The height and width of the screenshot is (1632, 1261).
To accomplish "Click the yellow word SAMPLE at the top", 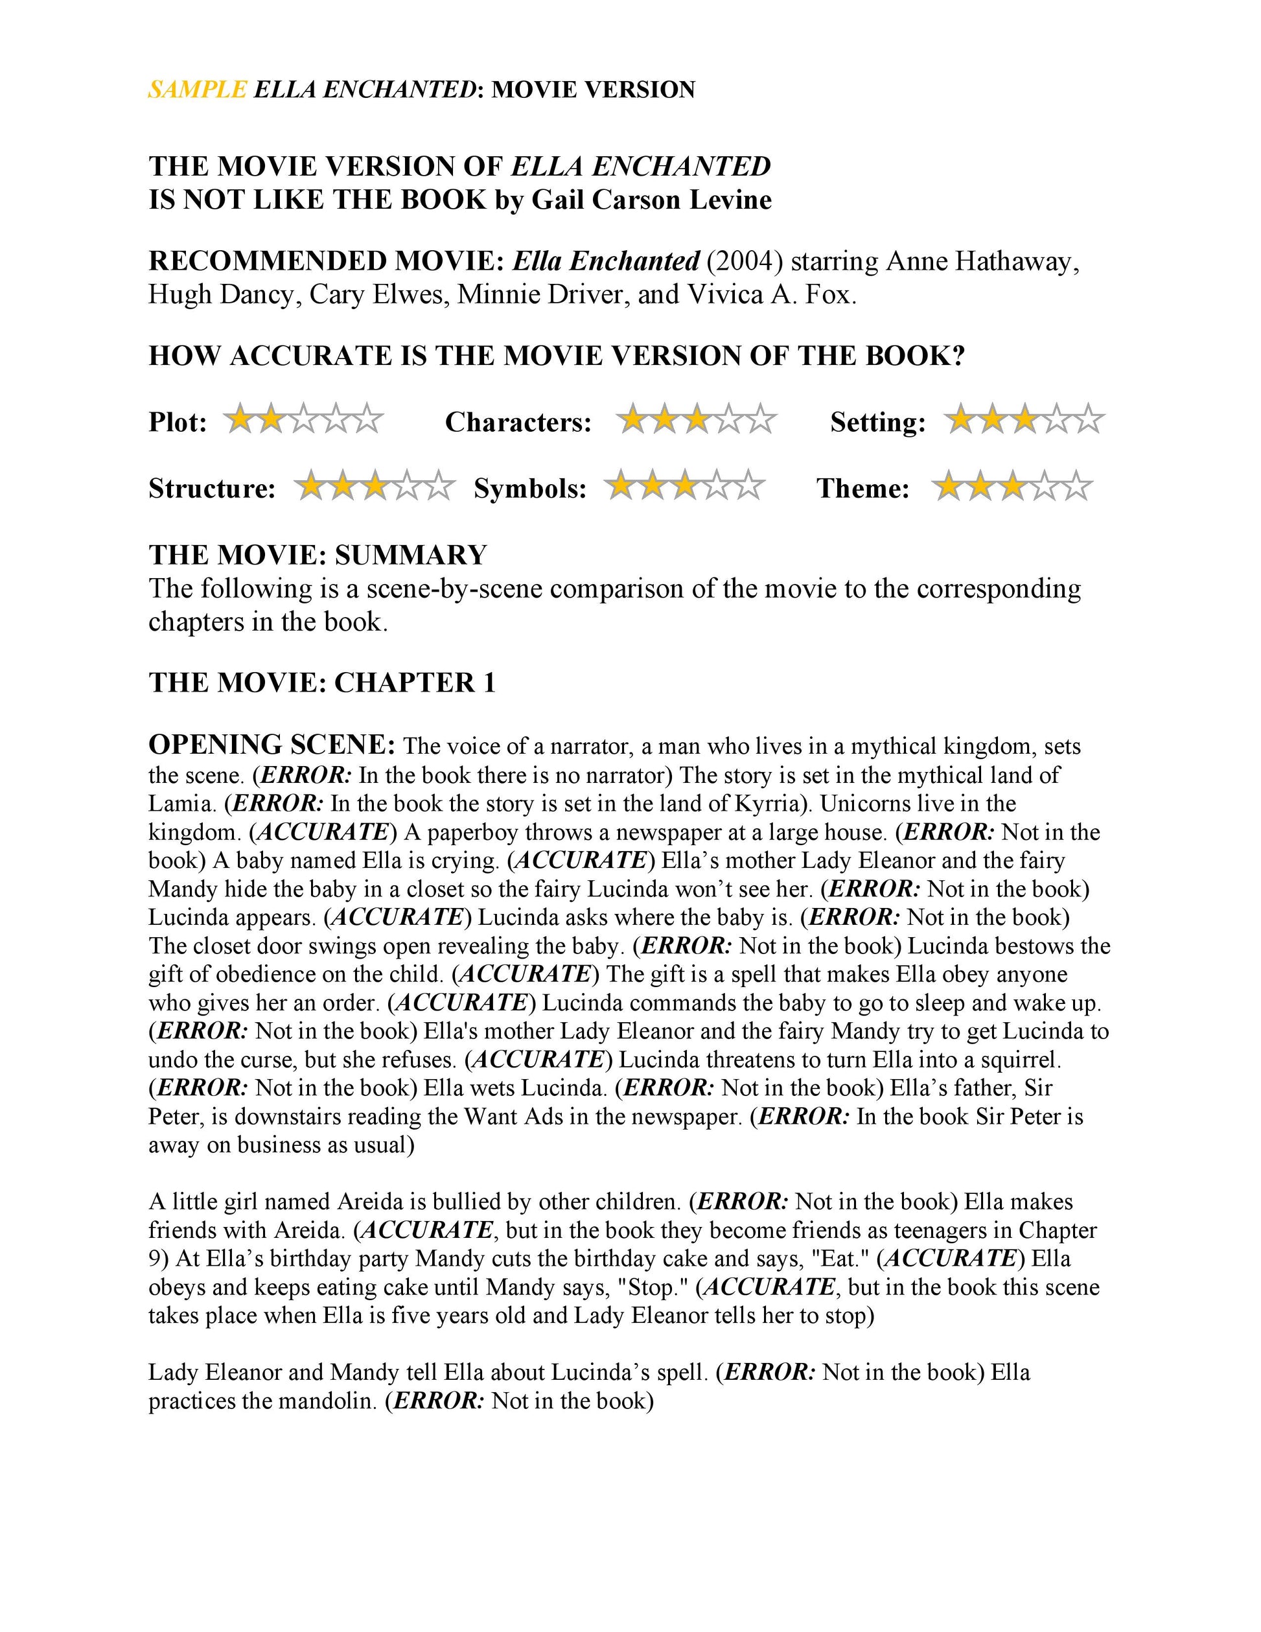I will (x=197, y=89).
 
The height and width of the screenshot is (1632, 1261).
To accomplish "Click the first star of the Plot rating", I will (x=240, y=419).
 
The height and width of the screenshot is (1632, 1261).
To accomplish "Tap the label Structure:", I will (x=212, y=489).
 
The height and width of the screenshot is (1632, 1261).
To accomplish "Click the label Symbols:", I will (x=531, y=489).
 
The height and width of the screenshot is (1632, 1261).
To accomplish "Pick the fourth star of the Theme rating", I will (x=1045, y=487).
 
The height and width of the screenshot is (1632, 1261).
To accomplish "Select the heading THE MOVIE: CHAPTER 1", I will (x=322, y=682).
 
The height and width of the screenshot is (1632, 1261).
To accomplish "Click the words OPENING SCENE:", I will (x=272, y=745).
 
